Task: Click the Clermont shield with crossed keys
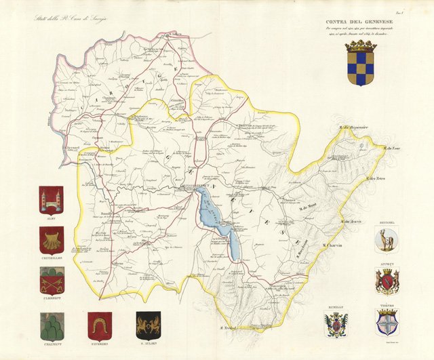point(51,279)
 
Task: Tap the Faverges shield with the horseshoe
point(100,325)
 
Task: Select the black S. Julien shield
point(148,325)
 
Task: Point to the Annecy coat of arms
point(387,281)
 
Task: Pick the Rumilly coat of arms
point(336,325)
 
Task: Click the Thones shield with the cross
point(387,323)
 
